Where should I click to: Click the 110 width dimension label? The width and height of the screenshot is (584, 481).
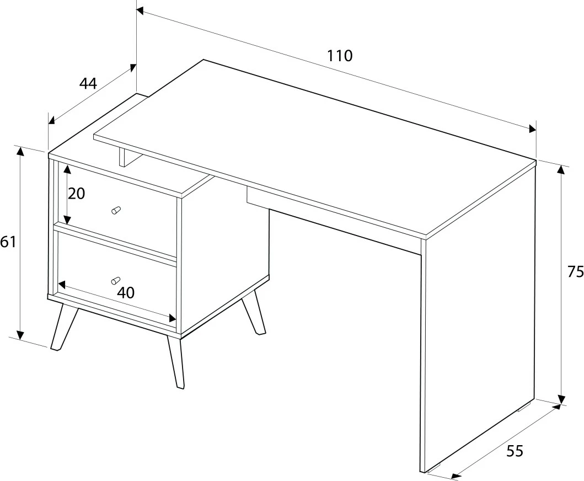click(x=339, y=56)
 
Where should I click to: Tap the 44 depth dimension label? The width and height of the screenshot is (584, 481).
click(x=88, y=83)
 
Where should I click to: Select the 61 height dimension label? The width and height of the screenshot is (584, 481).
click(x=8, y=242)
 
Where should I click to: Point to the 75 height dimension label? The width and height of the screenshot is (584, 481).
click(x=575, y=272)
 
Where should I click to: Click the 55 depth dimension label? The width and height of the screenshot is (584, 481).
click(x=515, y=451)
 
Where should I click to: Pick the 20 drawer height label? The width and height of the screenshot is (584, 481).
click(x=77, y=194)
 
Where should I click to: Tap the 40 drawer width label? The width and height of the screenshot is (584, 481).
click(x=126, y=293)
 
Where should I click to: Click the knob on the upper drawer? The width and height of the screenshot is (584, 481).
click(x=116, y=210)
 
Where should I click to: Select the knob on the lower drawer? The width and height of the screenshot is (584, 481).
click(x=116, y=280)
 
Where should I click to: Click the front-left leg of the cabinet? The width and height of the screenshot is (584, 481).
click(x=64, y=327)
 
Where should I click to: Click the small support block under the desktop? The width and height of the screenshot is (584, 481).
click(x=122, y=157)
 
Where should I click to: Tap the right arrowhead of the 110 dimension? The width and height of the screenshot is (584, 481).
click(x=531, y=128)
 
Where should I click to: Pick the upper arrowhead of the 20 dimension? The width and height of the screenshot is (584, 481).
click(x=67, y=170)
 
